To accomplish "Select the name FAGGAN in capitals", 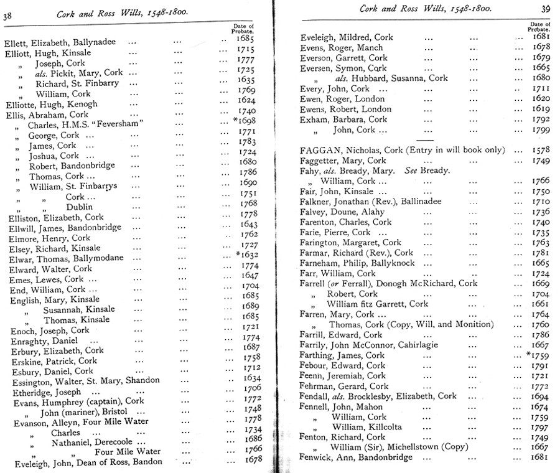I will click(x=321, y=150).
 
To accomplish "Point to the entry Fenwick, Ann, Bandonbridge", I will click(x=357, y=457).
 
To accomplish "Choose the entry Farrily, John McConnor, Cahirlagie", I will click(x=369, y=345).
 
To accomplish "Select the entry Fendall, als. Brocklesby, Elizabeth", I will click(x=378, y=396).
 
